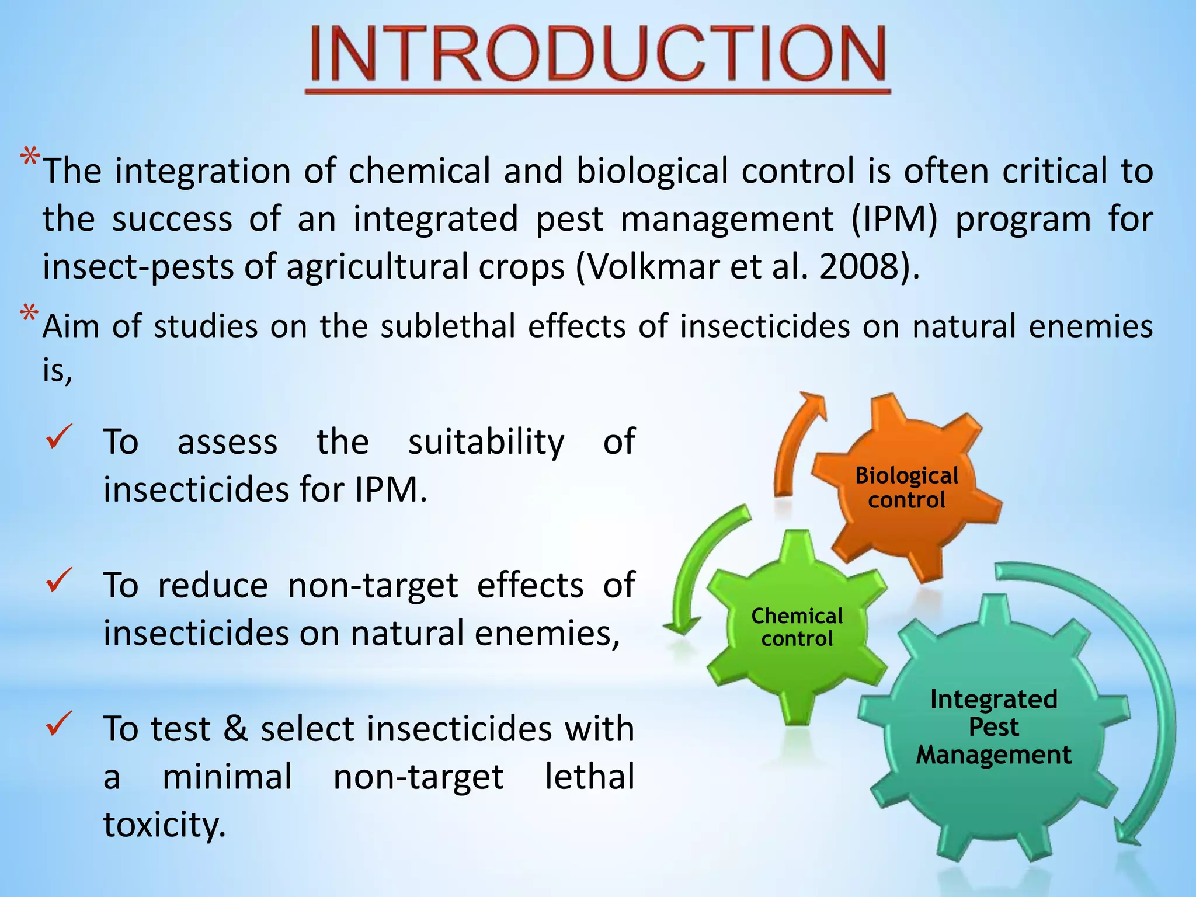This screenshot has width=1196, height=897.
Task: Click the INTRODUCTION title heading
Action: (597, 54)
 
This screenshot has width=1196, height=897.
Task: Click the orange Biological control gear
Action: (906, 488)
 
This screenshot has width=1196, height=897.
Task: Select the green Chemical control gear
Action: (797, 628)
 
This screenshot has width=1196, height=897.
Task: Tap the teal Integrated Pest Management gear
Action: (993, 727)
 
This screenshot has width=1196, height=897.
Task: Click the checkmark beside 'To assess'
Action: (59, 437)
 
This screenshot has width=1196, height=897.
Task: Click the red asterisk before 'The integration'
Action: (30, 159)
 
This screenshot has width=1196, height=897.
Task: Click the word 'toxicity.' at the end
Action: (164, 825)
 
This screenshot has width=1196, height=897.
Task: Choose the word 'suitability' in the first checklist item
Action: (486, 442)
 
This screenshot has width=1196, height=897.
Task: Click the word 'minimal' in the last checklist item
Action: (227, 777)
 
